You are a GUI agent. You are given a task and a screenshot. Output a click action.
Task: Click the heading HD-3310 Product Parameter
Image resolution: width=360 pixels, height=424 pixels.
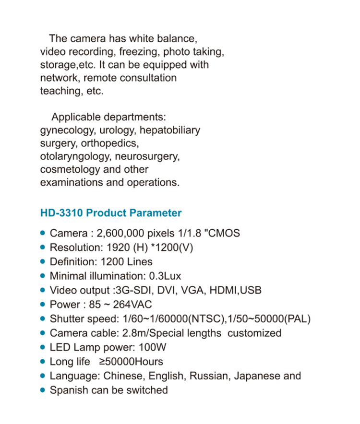click(111, 213)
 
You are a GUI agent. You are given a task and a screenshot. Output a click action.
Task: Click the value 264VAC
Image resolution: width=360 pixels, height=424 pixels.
click(132, 305)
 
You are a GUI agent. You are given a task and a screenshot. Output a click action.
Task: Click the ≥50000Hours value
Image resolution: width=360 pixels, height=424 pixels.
click(131, 362)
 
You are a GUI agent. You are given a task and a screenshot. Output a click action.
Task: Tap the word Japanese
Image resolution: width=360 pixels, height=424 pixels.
click(256, 376)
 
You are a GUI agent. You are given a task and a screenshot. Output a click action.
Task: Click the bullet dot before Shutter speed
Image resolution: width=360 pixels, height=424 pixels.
click(43, 318)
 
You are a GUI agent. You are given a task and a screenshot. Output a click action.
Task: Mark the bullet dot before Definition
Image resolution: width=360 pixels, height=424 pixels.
click(43, 261)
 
